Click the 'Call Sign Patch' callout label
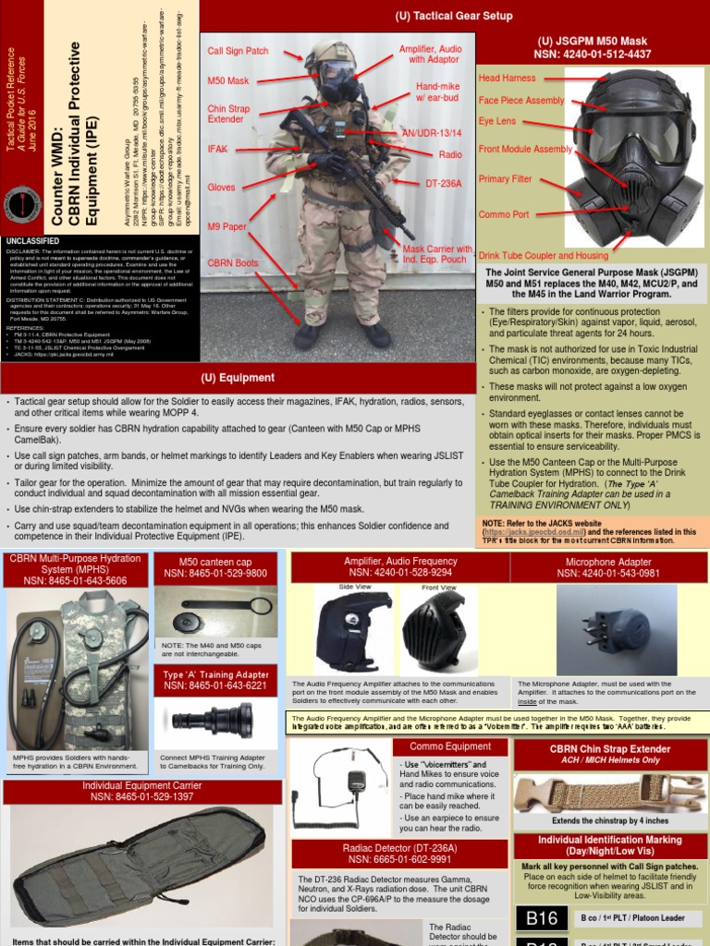coord(238,51)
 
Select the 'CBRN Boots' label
coord(232,261)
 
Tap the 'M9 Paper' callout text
coord(226,227)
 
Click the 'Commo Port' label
coord(503,214)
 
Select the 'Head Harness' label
coord(508,79)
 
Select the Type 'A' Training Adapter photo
coord(215,717)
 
